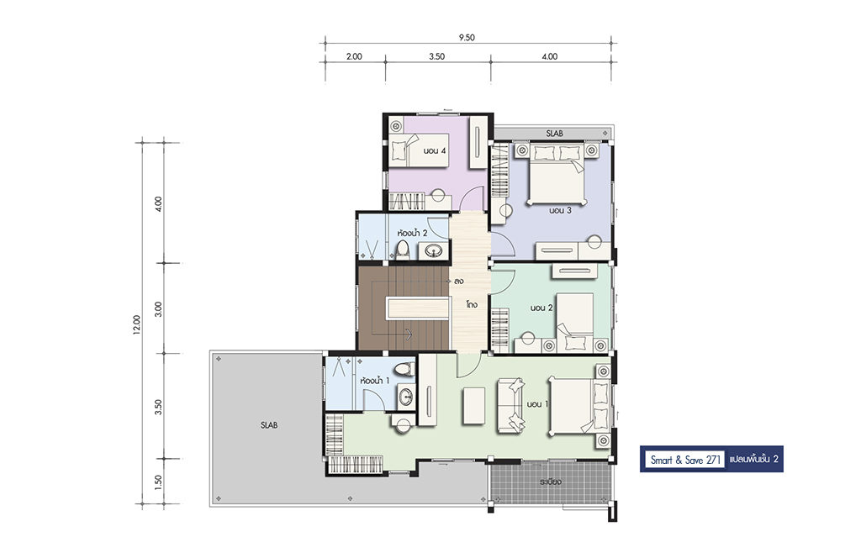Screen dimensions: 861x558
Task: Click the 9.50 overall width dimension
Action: click(x=466, y=38)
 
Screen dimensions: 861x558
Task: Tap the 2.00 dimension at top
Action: click(x=354, y=56)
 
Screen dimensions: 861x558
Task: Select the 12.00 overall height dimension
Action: click(x=137, y=324)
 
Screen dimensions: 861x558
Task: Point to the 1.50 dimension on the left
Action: click(x=158, y=482)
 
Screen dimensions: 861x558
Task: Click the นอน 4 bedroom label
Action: click(x=434, y=150)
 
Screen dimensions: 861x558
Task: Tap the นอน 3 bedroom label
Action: click(x=560, y=210)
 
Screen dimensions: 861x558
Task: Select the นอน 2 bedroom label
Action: click(x=541, y=308)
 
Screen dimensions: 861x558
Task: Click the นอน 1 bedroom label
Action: click(x=537, y=404)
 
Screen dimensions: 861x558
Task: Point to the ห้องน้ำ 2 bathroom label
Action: click(x=412, y=233)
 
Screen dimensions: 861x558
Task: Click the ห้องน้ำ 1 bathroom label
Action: click(x=375, y=380)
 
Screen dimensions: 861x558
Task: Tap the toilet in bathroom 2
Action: click(x=404, y=249)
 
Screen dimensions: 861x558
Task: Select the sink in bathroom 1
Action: click(x=406, y=396)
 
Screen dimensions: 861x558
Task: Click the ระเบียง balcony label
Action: click(x=550, y=482)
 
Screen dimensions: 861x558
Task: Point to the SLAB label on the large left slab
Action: click(x=269, y=425)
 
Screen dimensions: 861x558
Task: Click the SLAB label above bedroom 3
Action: click(x=554, y=134)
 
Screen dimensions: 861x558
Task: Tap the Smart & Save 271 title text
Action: click(x=685, y=460)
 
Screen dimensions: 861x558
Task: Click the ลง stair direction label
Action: click(x=458, y=282)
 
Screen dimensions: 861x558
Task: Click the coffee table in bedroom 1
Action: click(x=474, y=405)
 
